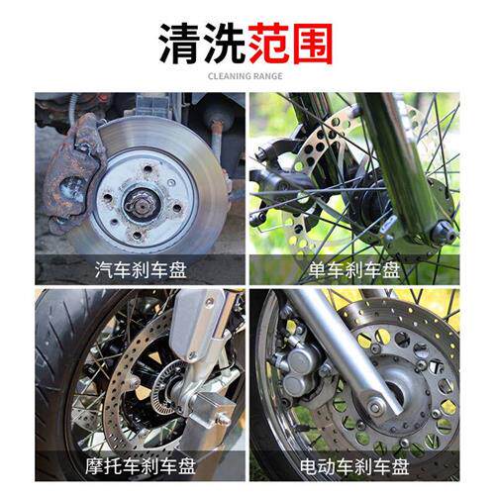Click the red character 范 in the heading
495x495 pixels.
[x=268, y=44]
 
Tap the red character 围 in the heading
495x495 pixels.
[x=312, y=44]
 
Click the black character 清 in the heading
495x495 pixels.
[x=181, y=44]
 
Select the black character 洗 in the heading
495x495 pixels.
[x=225, y=44]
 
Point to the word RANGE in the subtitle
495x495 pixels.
[x=266, y=76]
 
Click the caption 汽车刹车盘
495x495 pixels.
[x=141, y=270]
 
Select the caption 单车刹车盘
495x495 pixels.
[x=354, y=270]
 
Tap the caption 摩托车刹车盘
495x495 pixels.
[x=141, y=466]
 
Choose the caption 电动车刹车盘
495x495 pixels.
[x=354, y=466]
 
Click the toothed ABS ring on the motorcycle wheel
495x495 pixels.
[x=165, y=388]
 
